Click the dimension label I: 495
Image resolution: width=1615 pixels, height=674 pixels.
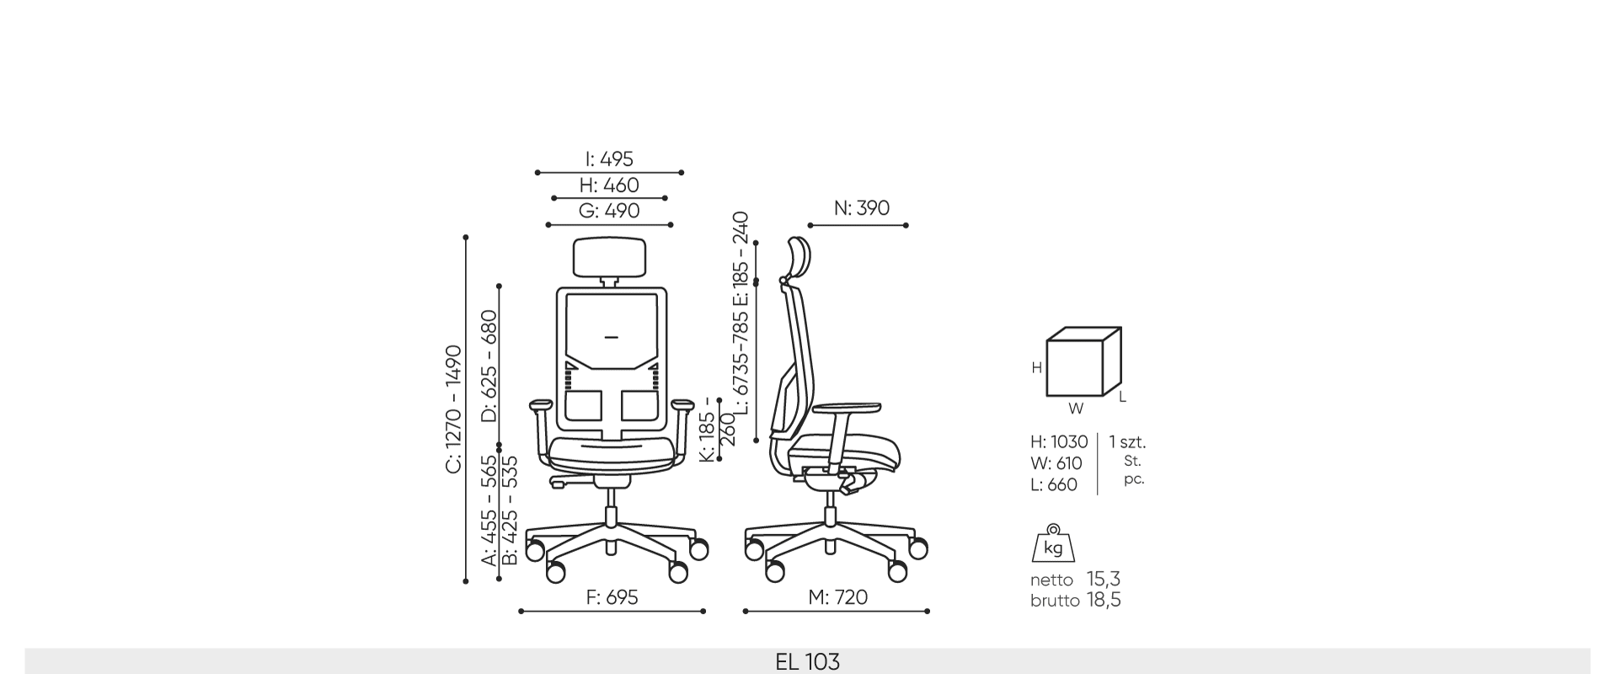[x=609, y=159]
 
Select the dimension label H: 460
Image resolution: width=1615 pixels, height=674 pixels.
[x=609, y=185]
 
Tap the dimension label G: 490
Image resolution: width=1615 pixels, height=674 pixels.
[x=609, y=211]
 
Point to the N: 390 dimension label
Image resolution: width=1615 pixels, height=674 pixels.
[x=861, y=208]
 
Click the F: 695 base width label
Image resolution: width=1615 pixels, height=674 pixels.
[x=612, y=597]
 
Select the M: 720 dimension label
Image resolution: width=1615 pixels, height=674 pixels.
[x=837, y=597]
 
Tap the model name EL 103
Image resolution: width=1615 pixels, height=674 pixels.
[x=807, y=662]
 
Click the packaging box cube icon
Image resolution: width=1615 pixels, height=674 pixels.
[x=1083, y=362]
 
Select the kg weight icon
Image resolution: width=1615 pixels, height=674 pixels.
[x=1053, y=544]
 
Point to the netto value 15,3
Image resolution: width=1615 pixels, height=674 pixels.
[x=1103, y=580]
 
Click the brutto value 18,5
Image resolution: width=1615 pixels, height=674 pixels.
[x=1103, y=601]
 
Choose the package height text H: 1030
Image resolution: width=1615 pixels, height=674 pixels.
[x=1059, y=442]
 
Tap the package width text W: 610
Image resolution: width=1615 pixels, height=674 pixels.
[x=1056, y=463]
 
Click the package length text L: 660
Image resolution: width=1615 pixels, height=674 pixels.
[x=1053, y=485]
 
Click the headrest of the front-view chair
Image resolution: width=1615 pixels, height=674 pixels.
[x=610, y=257]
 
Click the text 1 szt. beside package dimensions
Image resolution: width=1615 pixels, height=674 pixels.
[x=1127, y=442]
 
